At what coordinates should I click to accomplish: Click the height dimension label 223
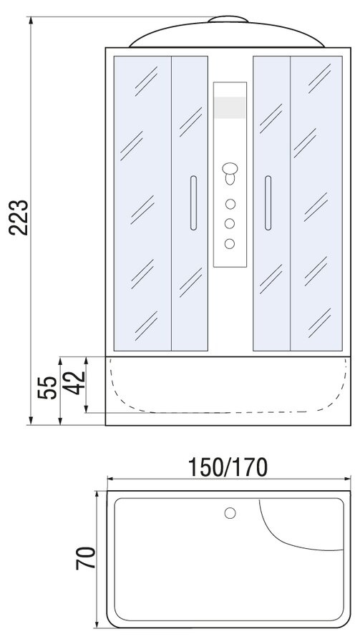19,218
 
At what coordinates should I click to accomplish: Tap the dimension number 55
47,387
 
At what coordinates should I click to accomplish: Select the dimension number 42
75,383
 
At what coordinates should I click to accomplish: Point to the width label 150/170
228,467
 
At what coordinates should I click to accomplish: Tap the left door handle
193,203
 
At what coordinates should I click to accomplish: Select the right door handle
268,203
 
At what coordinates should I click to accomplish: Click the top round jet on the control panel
230,204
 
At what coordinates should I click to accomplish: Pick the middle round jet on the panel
230,223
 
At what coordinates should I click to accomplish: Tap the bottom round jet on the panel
230,243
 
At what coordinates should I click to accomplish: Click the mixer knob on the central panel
230,173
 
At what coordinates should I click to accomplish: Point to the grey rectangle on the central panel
230,107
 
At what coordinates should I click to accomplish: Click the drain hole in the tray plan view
230,513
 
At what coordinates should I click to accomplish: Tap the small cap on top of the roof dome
228,19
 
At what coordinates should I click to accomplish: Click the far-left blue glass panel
142,203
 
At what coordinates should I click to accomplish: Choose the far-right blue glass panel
316,203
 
